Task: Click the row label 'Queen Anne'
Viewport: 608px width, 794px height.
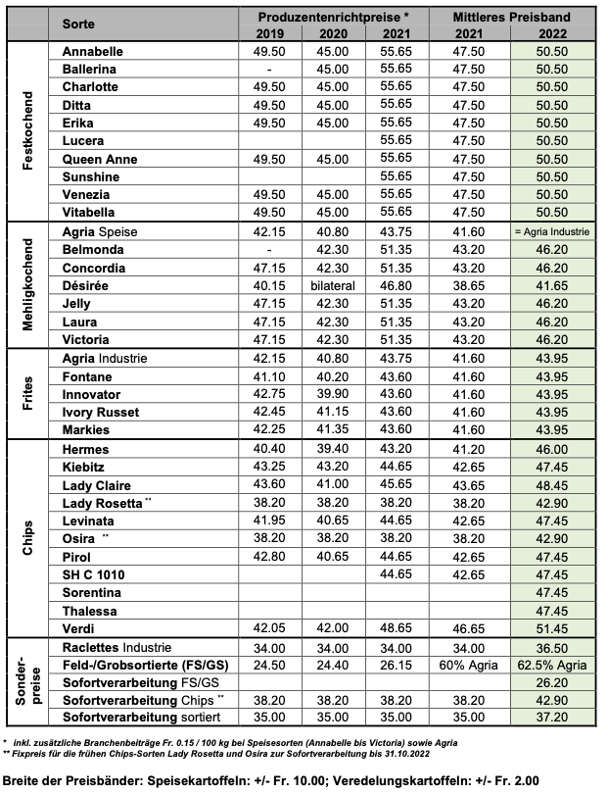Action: pos(98,158)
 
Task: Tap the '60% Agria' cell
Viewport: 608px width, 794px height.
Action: pos(469,665)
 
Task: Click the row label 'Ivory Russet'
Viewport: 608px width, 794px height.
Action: pos(101,412)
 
